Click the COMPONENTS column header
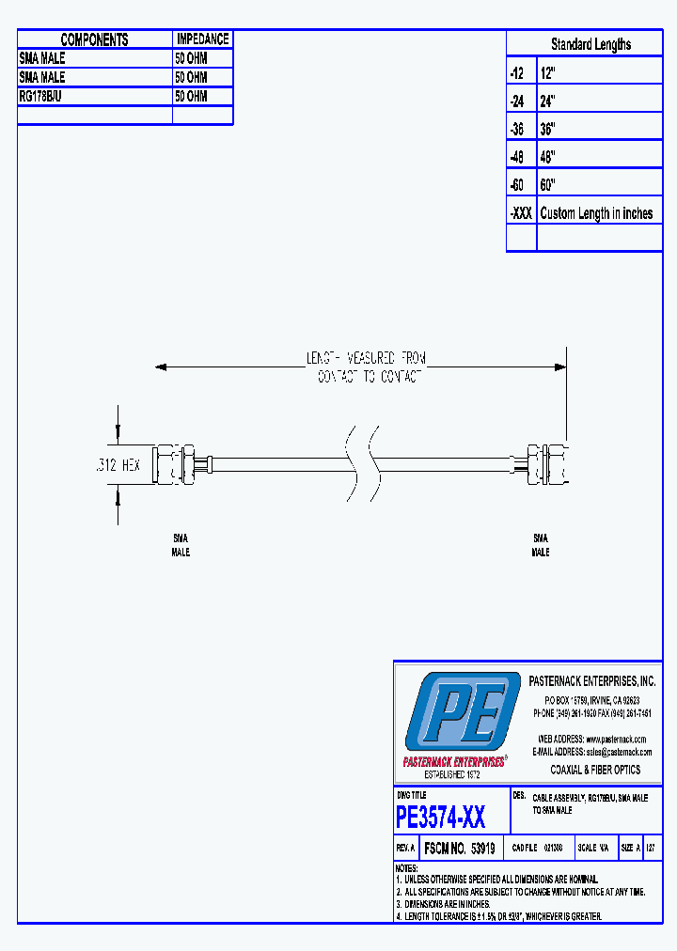94,39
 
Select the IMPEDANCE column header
202,39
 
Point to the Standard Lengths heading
590,44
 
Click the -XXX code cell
521,213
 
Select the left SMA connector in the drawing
179,464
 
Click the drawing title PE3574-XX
441,818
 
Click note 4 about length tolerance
498,915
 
